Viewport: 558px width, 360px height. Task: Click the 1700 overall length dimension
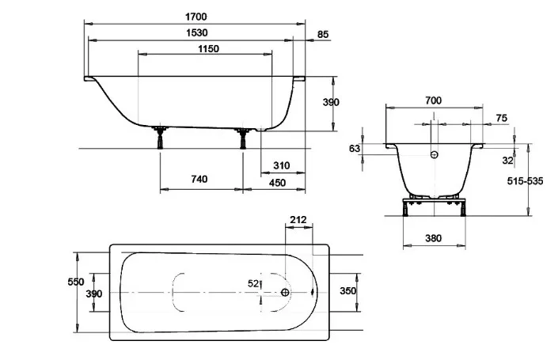click(195, 17)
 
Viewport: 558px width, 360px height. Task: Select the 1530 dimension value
click(197, 32)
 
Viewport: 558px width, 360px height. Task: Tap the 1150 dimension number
click(208, 49)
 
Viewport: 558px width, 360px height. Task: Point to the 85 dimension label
click(323, 35)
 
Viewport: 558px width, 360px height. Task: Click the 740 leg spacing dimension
click(199, 179)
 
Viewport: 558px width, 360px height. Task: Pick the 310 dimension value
click(282, 165)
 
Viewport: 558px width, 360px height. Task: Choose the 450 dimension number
click(277, 183)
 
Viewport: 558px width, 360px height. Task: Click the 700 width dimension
click(434, 100)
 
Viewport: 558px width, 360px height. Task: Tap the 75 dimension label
click(502, 118)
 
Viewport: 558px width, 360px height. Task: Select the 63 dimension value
click(355, 148)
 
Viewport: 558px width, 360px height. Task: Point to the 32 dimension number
click(508, 161)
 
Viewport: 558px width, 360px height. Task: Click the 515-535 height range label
click(526, 181)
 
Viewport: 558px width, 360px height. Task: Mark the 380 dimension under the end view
click(434, 238)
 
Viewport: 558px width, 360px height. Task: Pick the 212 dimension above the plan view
click(298, 220)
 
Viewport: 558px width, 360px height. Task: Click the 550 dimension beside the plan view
click(76, 282)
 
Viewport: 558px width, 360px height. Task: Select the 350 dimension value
click(347, 291)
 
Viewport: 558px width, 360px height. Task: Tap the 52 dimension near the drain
click(253, 283)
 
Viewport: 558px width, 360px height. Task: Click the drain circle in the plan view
click(285, 293)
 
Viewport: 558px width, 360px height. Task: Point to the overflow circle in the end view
click(435, 155)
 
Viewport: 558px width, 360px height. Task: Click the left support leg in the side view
click(160, 137)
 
